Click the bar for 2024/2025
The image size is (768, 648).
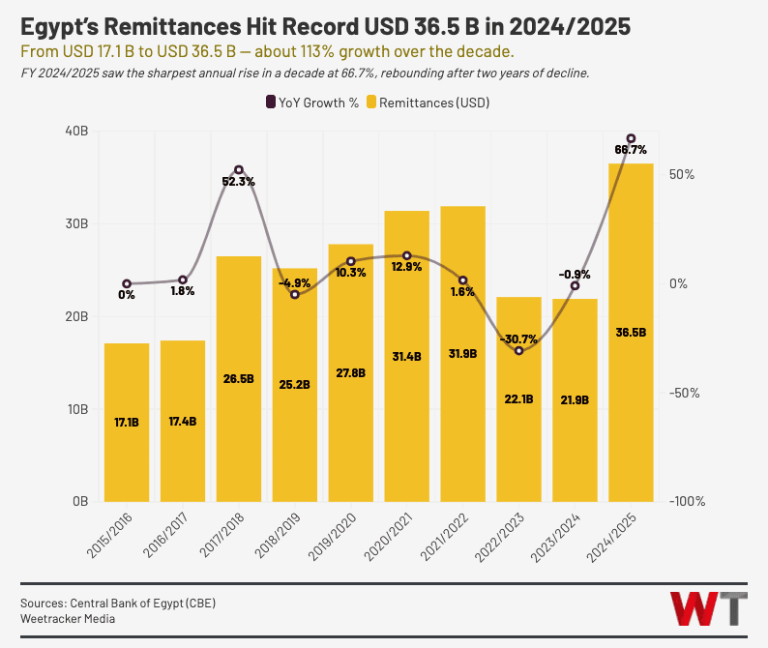tap(631, 333)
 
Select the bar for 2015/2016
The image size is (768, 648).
tap(127, 423)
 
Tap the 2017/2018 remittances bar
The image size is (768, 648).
tap(239, 378)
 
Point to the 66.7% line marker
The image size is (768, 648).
tap(631, 138)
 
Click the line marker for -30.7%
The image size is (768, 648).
tap(518, 350)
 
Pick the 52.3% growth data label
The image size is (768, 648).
tap(239, 182)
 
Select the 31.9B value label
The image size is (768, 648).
tap(462, 354)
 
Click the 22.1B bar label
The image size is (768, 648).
tap(518, 399)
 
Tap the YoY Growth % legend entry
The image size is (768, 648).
tap(312, 103)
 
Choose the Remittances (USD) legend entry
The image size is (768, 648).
tap(428, 103)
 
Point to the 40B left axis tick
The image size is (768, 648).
tap(76, 132)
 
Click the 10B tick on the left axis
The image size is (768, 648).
tap(77, 409)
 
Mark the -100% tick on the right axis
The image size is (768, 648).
tap(687, 501)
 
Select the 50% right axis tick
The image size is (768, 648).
tap(682, 174)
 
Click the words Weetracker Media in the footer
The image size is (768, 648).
tap(68, 619)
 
